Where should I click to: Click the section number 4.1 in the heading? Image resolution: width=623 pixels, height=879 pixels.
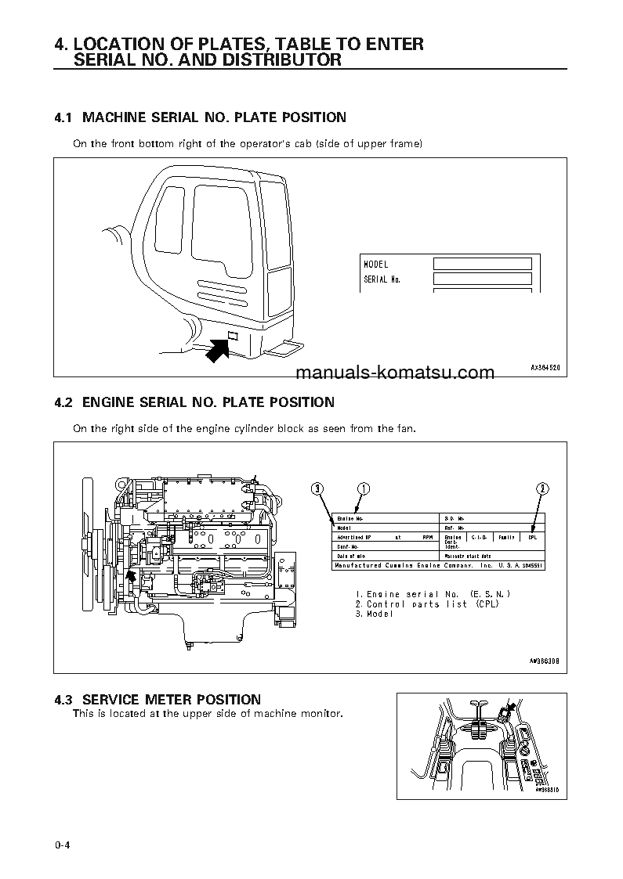tap(63, 117)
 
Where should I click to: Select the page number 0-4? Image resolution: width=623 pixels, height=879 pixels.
tap(63, 845)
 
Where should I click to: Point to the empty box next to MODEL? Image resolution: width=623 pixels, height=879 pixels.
tap(483, 265)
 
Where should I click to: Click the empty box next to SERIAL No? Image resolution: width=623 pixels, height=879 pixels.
tap(483, 279)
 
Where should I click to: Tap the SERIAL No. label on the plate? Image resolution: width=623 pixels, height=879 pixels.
tap(382, 279)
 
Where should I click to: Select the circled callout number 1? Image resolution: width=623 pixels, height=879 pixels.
tap(363, 489)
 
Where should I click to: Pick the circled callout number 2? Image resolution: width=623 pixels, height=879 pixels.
tap(542, 489)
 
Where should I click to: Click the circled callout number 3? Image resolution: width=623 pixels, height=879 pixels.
tap(317, 489)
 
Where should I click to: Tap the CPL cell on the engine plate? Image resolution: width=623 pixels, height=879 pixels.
tap(532, 537)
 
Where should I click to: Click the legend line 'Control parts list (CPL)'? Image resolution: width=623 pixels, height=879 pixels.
tap(426, 604)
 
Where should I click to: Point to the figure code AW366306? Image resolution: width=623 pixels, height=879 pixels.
tap(542, 661)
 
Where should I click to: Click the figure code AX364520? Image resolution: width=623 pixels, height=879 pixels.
tap(546, 366)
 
